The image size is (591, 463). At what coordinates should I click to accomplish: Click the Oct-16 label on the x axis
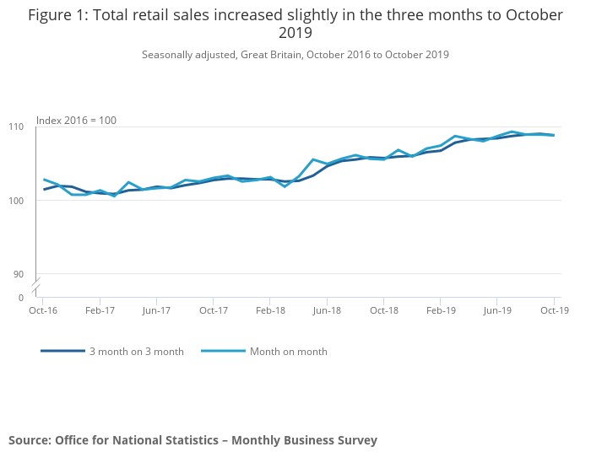(43, 310)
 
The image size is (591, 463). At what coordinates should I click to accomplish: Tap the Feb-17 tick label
(100, 310)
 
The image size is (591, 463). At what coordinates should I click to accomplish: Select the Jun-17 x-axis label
(156, 310)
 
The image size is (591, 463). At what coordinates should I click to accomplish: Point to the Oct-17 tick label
(214, 310)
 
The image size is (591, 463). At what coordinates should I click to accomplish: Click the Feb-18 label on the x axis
(270, 310)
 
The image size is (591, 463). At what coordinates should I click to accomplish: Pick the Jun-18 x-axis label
(327, 310)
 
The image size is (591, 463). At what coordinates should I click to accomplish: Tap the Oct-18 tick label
(384, 310)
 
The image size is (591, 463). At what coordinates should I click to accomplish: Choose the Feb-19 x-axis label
(441, 310)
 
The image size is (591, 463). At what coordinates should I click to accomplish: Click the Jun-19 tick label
(497, 310)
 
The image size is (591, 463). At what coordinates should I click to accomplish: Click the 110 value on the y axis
(18, 127)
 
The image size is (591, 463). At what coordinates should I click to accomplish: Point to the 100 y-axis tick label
(18, 201)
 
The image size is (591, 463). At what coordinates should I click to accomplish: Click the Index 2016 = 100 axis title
(76, 121)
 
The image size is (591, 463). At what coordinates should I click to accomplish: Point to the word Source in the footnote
(30, 440)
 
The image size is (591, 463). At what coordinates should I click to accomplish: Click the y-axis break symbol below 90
(37, 287)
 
